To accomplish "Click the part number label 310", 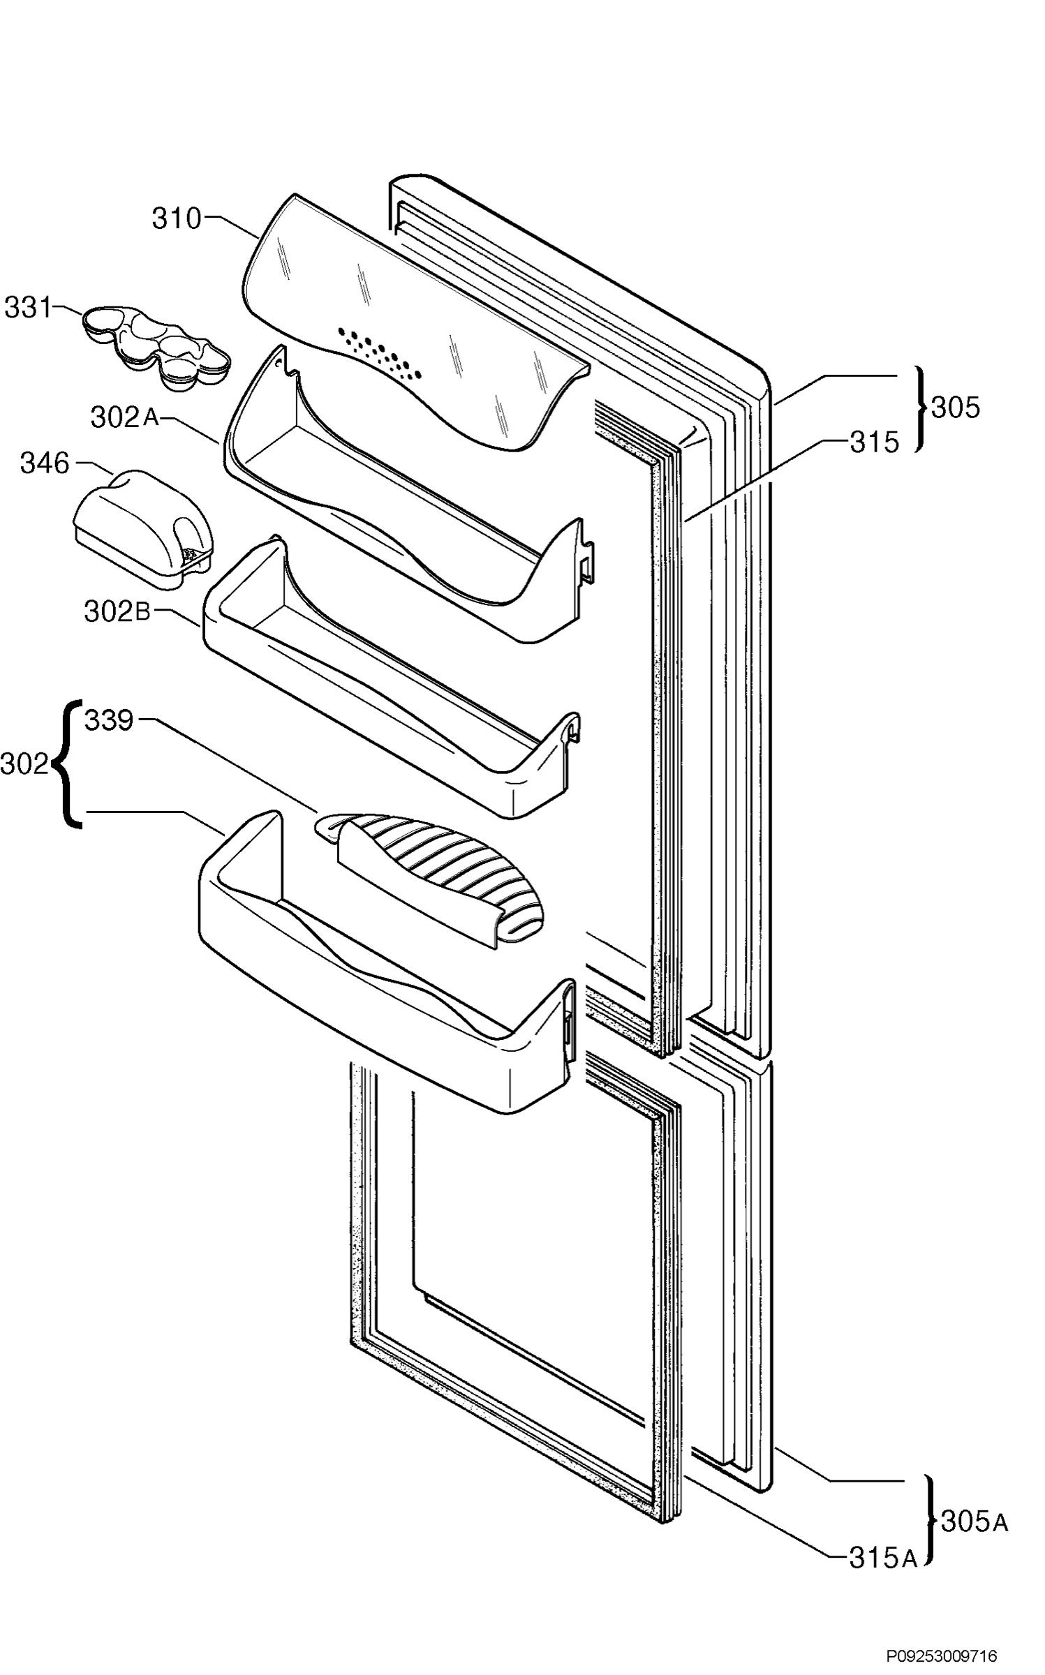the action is point(177,219).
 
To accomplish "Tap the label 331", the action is point(28,307).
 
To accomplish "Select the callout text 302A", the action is point(125,417).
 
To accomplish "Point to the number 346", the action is point(45,463).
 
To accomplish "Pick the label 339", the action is point(109,720).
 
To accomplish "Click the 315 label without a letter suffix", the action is point(874,442).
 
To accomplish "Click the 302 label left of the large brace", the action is point(25,764).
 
